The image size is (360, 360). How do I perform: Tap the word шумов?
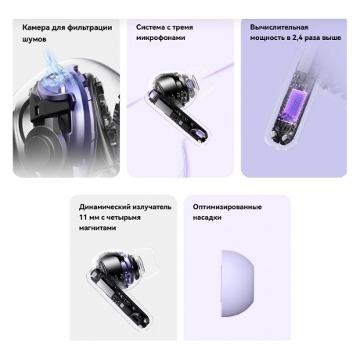point(34,38)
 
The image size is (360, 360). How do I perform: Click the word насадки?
point(207,218)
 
